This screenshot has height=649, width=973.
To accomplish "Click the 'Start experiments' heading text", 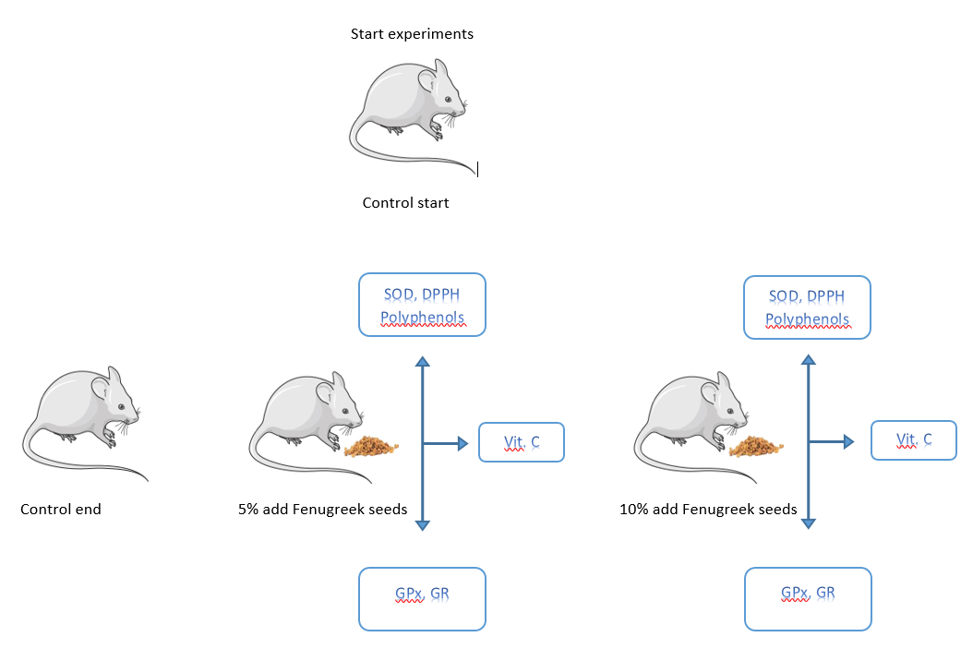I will [x=412, y=34].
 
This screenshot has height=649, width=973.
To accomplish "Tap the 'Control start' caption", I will [x=405, y=203].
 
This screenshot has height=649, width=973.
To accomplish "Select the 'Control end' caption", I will [x=61, y=509].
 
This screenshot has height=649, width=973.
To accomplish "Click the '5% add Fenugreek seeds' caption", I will [x=322, y=509].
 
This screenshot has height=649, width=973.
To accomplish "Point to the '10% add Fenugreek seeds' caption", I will [x=708, y=509].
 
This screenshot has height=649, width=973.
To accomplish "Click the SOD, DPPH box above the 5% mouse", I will [x=422, y=305].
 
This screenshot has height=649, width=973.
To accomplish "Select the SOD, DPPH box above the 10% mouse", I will [x=808, y=307].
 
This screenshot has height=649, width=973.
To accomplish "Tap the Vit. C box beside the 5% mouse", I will [x=521, y=442].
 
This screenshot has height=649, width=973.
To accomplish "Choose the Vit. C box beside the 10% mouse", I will [x=913, y=440].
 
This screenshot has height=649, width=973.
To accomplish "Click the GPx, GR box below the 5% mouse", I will [x=422, y=599].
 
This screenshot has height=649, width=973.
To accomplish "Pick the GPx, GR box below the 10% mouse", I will [x=808, y=599].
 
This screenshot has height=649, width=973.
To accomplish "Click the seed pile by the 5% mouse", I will [x=372, y=447].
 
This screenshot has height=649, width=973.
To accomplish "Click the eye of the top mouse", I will [x=449, y=99].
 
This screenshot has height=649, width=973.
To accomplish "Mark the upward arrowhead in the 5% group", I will [x=422, y=361].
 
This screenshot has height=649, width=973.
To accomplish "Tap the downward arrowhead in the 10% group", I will [x=808, y=523].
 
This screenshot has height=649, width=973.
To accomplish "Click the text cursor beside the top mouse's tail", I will [x=478, y=169].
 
